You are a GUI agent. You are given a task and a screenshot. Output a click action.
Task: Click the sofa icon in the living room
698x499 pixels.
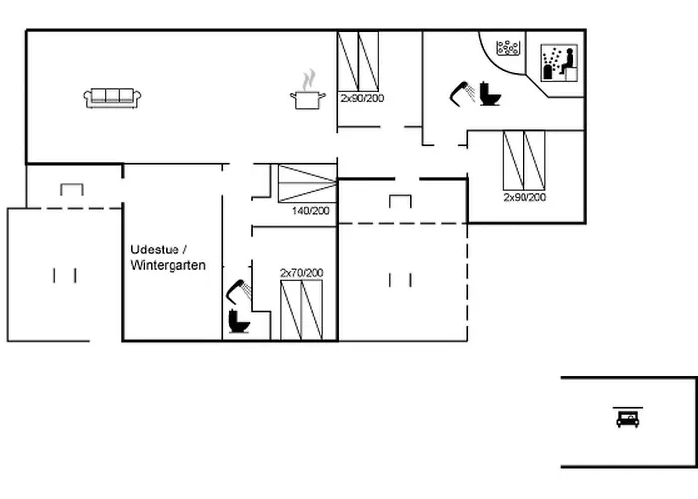(112, 98)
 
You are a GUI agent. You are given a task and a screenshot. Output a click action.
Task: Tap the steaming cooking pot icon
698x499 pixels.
(308, 90)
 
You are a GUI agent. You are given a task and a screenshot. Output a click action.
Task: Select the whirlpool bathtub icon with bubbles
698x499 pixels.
(508, 48)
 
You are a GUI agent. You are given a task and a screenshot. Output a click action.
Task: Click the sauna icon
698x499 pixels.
(559, 62)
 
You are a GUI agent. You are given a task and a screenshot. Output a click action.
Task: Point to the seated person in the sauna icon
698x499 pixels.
(567, 62)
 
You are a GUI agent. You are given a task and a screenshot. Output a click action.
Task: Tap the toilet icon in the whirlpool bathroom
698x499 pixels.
(490, 94)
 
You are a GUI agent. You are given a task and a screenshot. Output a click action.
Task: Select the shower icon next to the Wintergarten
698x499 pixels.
(239, 291)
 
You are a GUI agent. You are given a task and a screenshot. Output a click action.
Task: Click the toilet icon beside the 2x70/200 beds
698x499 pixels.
(239, 321)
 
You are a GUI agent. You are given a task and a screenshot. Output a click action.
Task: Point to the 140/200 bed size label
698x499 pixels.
(311, 211)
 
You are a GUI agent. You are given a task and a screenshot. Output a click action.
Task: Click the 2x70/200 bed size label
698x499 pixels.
(302, 273)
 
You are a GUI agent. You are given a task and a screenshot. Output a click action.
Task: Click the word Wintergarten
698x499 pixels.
(169, 266)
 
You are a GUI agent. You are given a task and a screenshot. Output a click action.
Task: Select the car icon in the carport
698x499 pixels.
(627, 419)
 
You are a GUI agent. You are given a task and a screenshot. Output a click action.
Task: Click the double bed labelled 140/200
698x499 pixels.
(307, 183)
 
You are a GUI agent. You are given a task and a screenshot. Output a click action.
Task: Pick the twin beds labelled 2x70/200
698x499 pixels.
(301, 310)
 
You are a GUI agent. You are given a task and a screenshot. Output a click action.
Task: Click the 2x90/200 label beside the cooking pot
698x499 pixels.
(362, 98)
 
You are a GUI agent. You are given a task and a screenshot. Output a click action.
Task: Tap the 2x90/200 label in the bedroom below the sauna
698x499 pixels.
(524, 197)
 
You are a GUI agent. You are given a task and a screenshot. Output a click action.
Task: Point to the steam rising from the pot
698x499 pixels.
(308, 80)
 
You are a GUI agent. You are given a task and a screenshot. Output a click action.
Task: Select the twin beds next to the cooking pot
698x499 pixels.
(358, 61)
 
